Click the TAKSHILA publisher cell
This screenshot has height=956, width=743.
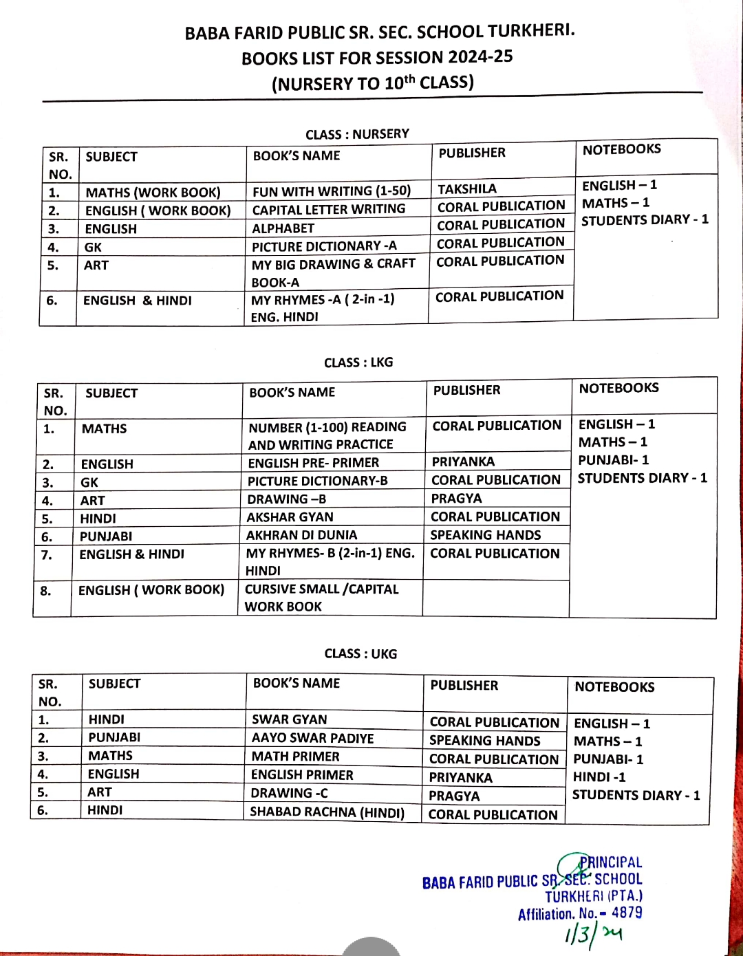pos(467,189)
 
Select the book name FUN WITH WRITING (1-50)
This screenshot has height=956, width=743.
pos(331,191)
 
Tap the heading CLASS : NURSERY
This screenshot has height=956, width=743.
pos(357,134)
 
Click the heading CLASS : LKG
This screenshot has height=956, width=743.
pos(358,362)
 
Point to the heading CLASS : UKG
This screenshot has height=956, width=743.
pos(360,654)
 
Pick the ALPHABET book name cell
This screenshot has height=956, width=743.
pos(283,228)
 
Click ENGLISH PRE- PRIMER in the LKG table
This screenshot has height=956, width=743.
pos(313,463)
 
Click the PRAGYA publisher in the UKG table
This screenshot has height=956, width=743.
pos(454,796)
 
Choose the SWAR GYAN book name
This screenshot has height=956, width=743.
pos(289,719)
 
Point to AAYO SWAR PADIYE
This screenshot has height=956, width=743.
pos(312,738)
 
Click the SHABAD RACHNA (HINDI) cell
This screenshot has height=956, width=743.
pos(327,812)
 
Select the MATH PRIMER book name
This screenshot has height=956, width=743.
pos(295,757)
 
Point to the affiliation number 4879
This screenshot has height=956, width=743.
pos(627,913)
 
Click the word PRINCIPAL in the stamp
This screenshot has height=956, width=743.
pos(610,862)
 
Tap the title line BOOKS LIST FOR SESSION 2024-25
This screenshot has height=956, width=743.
pos(377,58)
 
